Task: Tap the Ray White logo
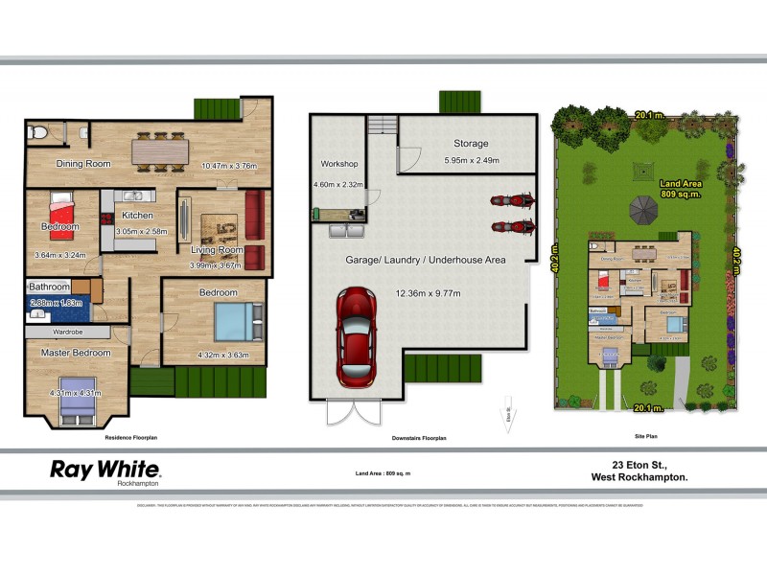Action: tap(105, 470)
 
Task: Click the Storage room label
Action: tap(471, 144)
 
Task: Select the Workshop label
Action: tap(338, 164)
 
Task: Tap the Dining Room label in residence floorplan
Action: tap(83, 163)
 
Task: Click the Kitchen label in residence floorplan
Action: tap(137, 216)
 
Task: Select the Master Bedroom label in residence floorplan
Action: tap(76, 353)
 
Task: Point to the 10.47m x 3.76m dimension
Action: tap(229, 165)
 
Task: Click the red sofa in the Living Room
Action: tap(254, 216)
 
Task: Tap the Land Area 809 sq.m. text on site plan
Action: tap(682, 189)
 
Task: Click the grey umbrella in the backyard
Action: tap(641, 207)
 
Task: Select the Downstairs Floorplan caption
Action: tap(420, 438)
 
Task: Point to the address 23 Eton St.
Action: tap(634, 463)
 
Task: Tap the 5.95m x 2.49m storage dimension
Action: tap(471, 161)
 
